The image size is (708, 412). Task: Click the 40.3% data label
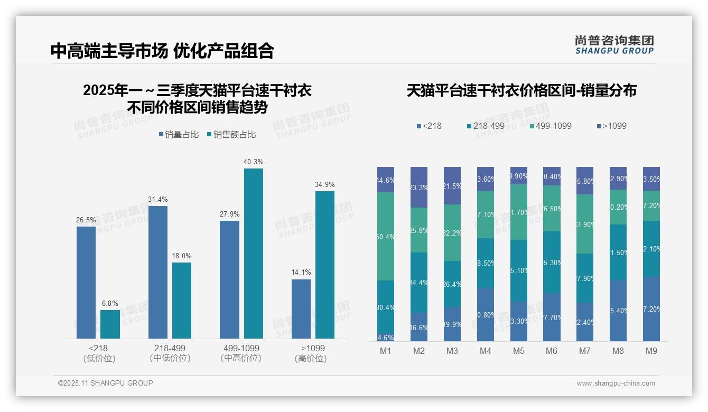[253, 162]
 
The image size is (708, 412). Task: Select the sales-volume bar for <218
[86, 282]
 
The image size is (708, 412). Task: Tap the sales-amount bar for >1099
[325, 264]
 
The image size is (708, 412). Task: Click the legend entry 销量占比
[178, 135]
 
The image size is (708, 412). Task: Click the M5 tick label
[518, 351]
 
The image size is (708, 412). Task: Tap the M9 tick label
[651, 351]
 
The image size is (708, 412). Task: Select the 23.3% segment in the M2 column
[419, 188]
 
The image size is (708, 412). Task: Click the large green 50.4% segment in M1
[386, 236]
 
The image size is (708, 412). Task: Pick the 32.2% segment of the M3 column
[452, 232]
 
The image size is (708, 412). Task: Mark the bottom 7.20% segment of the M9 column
[651, 309]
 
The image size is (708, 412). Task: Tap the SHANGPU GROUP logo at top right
[614, 44]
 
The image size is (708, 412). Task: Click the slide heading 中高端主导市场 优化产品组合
[162, 51]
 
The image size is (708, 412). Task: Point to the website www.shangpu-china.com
[616, 383]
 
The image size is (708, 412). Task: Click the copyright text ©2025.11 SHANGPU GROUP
[106, 383]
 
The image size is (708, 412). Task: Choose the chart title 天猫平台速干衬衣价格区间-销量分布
[521, 90]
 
